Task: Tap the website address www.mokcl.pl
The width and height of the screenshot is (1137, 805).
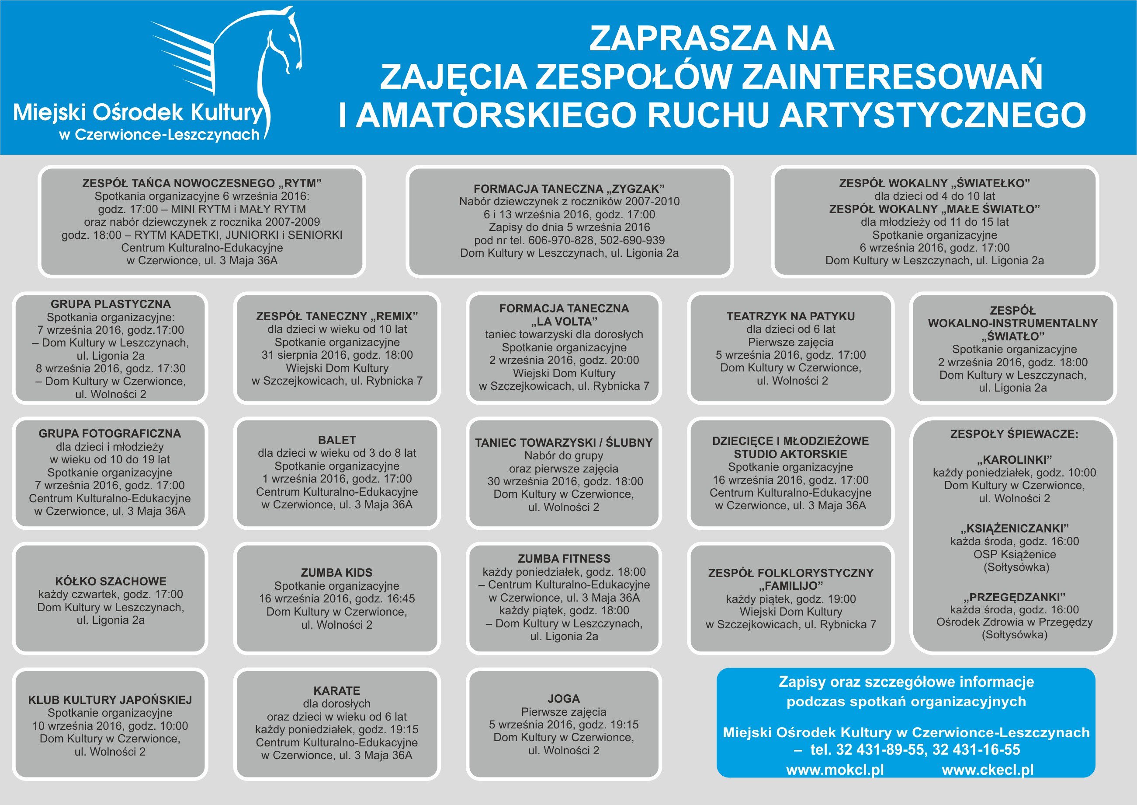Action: pos(835,770)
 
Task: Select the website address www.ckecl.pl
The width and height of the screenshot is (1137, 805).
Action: pos(988,770)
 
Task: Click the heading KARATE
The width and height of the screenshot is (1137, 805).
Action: pos(337,690)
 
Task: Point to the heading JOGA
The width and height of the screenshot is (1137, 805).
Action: pos(564,698)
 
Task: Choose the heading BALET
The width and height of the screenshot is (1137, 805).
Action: pos(337,440)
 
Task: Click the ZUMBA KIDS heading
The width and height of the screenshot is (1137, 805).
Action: pos(337,573)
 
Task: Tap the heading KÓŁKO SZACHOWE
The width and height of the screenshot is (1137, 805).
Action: pos(111,581)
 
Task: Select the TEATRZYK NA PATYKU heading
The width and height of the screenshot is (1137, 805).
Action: pos(790,316)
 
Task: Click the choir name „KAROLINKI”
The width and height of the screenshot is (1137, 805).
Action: pos(1014,459)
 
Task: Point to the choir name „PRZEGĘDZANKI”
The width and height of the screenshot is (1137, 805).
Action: pos(1014,597)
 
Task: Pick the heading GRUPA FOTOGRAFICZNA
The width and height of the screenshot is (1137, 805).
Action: pos(110,433)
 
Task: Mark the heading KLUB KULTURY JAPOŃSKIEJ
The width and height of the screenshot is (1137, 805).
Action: pos(110,700)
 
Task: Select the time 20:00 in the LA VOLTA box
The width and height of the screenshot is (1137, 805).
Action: pos(624,360)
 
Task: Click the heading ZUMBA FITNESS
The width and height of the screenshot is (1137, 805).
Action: pos(564,559)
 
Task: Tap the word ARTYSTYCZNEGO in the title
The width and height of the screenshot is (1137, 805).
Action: pos(933,115)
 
